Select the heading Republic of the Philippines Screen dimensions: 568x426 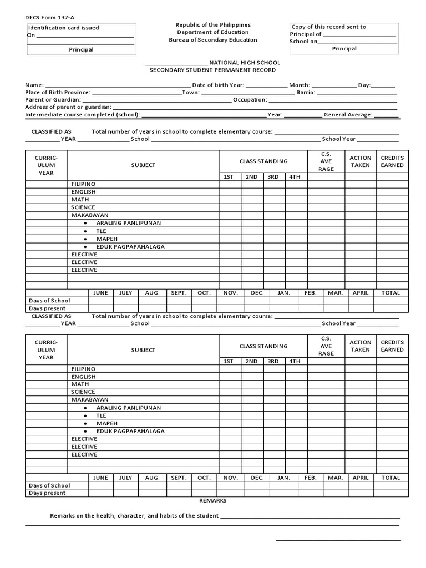click(x=213, y=25)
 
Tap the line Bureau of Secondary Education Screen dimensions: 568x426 click(x=213, y=40)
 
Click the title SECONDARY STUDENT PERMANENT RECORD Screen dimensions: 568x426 click(x=212, y=70)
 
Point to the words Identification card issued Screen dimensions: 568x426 click(x=64, y=28)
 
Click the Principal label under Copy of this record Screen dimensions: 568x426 click(x=344, y=49)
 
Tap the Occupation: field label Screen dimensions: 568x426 click(x=250, y=100)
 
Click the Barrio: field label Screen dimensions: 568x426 click(x=306, y=93)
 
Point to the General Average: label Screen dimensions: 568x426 click(x=348, y=115)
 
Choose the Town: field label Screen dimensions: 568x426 click(x=191, y=93)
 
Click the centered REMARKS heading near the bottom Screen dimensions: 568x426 click(x=213, y=500)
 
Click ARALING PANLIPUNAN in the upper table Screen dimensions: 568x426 click(x=129, y=223)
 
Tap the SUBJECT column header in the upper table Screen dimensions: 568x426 click(x=143, y=165)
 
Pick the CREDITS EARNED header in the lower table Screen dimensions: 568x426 click(x=392, y=346)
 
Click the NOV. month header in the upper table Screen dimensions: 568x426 click(x=230, y=293)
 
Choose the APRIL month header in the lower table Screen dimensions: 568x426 click(x=361, y=478)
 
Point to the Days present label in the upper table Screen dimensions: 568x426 click(x=47, y=308)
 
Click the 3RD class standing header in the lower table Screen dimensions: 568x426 click(x=272, y=361)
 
